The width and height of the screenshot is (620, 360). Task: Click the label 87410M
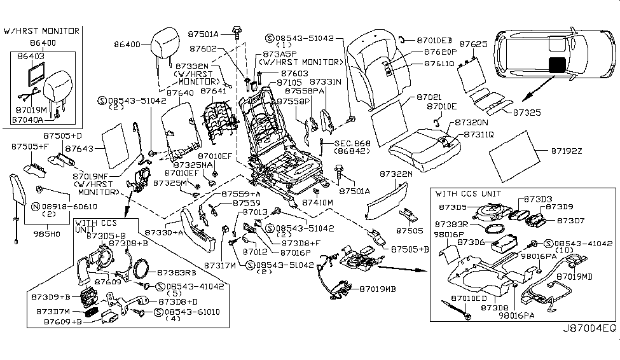coord(317,203)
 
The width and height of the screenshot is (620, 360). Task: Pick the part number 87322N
coord(396,173)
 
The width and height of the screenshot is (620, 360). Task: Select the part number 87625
coord(473,45)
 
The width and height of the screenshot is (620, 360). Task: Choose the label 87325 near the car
coord(524,112)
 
